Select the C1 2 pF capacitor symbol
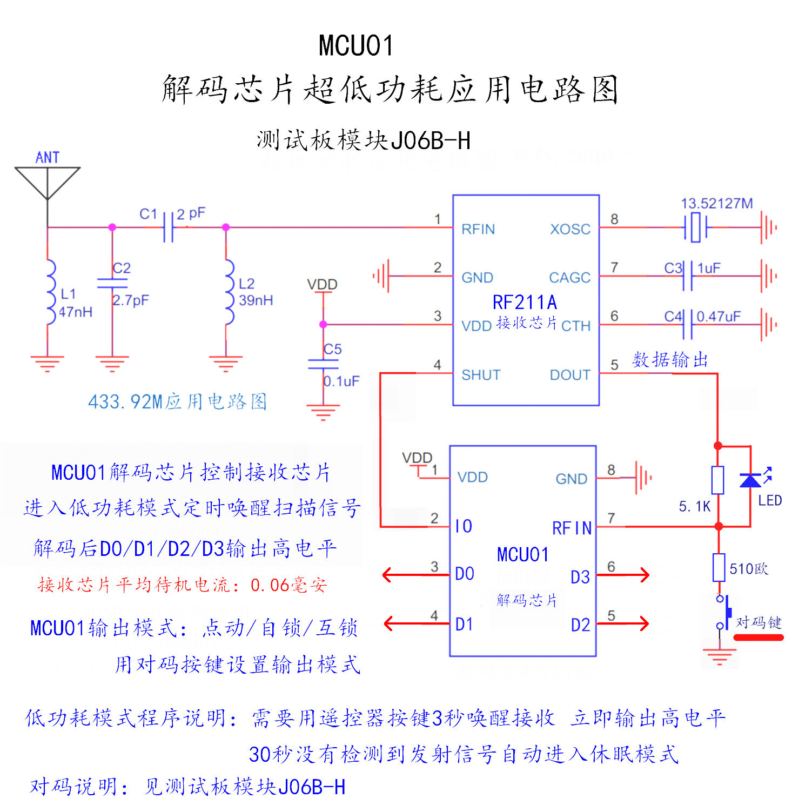pyautogui.click(x=169, y=227)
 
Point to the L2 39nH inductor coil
pyautogui.click(x=229, y=292)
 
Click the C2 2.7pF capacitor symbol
pyautogui.click(x=112, y=283)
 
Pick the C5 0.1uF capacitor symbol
pyautogui.click(x=323, y=364)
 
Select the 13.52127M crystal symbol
pyautogui.click(x=696, y=227)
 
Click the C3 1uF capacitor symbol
pyautogui.click(x=688, y=276)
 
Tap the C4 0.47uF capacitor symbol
pyautogui.click(x=688, y=324)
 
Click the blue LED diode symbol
pyautogui.click(x=750, y=480)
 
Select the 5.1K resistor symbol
pyautogui.click(x=717, y=480)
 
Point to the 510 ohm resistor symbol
pyautogui.click(x=719, y=567)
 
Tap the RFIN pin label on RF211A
pyautogui.click(x=478, y=229)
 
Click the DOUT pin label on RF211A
pyautogui.click(x=570, y=375)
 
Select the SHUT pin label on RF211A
pyautogui.click(x=481, y=375)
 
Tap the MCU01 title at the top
pyautogui.click(x=356, y=45)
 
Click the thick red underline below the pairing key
pyautogui.click(x=759, y=637)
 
